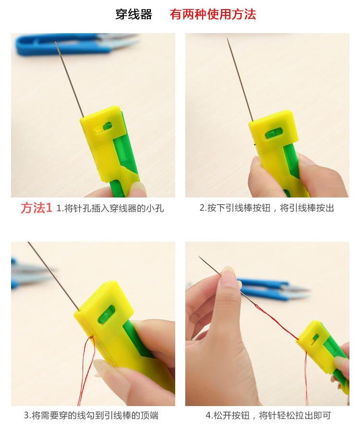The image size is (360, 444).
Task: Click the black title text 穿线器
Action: pos(133,14)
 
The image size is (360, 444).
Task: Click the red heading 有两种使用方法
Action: pos(213,14)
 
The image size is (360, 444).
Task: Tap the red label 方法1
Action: pos(36,208)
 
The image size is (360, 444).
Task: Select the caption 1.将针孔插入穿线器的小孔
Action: pos(110,209)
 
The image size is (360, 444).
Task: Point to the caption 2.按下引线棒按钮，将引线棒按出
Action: pos(267,208)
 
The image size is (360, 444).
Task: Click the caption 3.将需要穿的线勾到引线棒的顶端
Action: pos(91,416)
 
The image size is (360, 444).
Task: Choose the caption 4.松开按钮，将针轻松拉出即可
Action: pos(268,416)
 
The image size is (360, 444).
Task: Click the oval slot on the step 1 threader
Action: pos(104,127)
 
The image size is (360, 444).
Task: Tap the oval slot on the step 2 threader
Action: pos(274,133)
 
